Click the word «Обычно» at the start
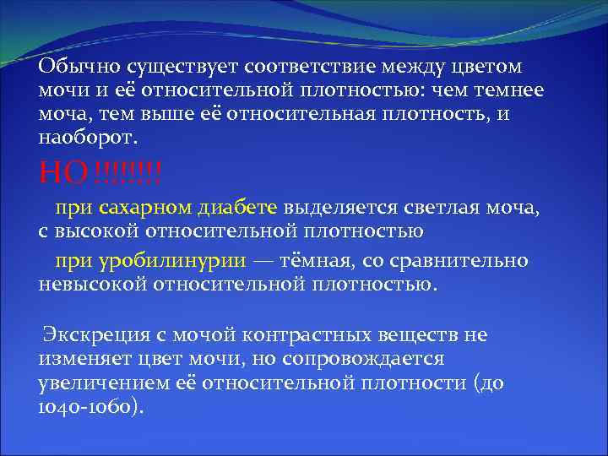click(78, 66)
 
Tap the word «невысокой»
click(92, 284)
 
